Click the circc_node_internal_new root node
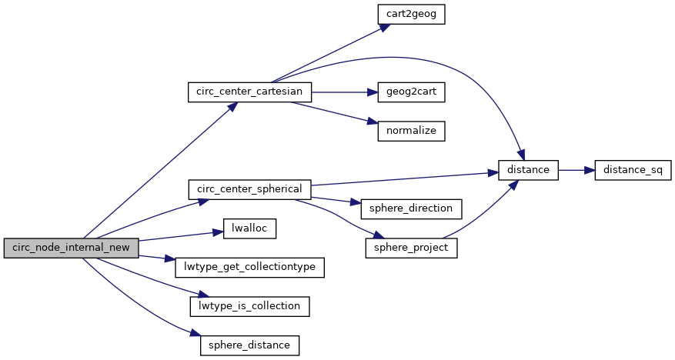tap(71, 248)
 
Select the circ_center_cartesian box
tap(250, 92)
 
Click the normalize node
tap(411, 131)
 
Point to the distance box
tap(528, 169)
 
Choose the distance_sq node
tap(633, 169)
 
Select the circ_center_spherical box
tap(249, 189)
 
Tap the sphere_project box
tap(411, 248)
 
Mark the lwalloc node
tap(249, 228)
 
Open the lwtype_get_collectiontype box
tap(249, 267)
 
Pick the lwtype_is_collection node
tap(249, 306)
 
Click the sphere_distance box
tap(249, 345)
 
